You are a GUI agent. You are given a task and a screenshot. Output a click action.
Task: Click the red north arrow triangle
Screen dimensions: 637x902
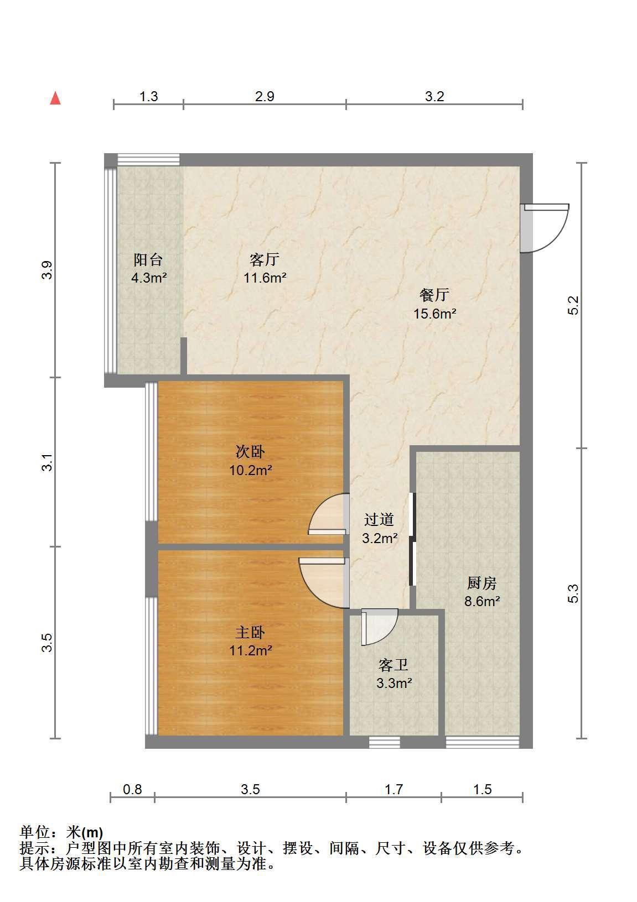point(55,98)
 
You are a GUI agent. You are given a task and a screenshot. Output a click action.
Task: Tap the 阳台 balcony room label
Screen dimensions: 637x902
point(148,260)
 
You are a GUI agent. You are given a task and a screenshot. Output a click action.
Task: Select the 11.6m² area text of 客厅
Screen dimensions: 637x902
point(265,278)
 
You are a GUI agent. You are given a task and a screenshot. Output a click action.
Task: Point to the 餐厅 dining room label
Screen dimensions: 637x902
point(434,295)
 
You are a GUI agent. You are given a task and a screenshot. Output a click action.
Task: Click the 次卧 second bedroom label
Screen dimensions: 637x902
point(250,452)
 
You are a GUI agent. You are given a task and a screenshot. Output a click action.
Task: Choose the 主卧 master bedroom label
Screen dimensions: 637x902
point(250,633)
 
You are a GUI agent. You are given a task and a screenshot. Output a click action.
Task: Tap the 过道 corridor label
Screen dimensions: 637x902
point(379,519)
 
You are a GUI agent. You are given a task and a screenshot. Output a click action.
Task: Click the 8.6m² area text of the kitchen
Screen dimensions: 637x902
point(482,602)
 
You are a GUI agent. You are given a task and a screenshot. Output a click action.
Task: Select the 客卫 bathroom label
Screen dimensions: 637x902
point(393,665)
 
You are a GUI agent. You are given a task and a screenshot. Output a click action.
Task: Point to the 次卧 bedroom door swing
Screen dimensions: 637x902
point(329,514)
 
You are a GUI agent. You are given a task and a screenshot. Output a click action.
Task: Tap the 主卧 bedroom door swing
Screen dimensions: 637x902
point(324,583)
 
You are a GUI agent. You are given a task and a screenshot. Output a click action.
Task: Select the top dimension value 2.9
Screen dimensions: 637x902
point(265,97)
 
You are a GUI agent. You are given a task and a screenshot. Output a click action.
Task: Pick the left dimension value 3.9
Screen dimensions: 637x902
point(48,270)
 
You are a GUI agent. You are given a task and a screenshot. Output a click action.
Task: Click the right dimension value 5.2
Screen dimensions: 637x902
point(573,305)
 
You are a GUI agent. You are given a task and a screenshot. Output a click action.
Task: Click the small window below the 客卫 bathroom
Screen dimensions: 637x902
point(385,742)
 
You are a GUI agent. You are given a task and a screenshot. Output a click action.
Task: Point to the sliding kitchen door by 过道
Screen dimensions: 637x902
point(412,539)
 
